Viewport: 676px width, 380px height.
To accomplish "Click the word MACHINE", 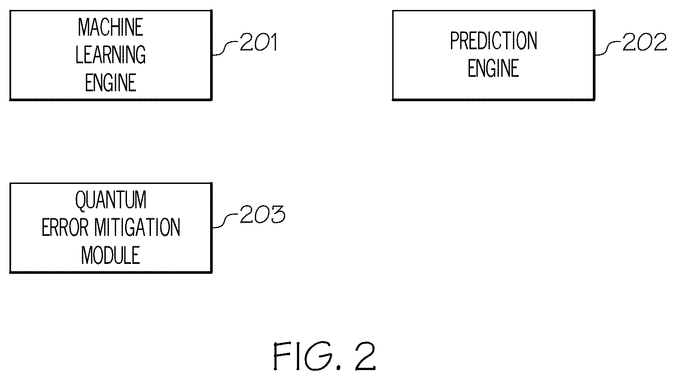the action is (x=110, y=27).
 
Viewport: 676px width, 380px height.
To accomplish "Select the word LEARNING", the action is (x=110, y=55).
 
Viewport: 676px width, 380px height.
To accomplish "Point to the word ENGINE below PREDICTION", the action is (x=493, y=68).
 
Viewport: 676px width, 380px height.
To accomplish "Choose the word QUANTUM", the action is (x=111, y=200).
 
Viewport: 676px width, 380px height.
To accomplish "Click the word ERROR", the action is (x=65, y=227).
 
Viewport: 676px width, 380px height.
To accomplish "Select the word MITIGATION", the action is (x=137, y=227).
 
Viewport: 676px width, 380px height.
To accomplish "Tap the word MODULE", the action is (x=110, y=255).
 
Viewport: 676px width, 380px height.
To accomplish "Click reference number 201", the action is (x=258, y=42).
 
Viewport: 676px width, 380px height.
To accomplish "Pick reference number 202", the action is (x=645, y=42).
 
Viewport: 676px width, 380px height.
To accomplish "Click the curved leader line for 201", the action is (x=226, y=49).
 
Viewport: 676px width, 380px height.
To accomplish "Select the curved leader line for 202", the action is (x=608, y=49).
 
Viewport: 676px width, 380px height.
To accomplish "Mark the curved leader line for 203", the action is (x=226, y=221).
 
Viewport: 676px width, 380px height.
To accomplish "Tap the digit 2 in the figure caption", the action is (x=366, y=356).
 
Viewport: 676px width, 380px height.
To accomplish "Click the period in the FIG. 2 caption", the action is (x=338, y=367).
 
